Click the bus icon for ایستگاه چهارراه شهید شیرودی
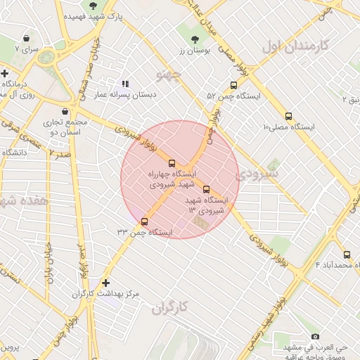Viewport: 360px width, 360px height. [172, 163]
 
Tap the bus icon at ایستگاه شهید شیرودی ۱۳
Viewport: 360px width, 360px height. [206, 189]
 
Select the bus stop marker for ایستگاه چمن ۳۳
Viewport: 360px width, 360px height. [144, 221]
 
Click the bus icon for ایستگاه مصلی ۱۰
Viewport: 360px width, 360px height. [288, 117]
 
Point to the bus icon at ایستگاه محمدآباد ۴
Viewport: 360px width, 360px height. [347, 255]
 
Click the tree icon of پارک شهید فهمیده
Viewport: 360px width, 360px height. [93, 6]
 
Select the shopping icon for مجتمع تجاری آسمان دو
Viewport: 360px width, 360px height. [65, 111]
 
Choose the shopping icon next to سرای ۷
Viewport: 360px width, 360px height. [27, 38]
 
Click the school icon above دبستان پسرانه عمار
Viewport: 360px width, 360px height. [125, 83]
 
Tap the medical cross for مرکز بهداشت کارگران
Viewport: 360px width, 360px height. [105, 283]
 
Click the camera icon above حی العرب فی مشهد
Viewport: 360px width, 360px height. [314, 337]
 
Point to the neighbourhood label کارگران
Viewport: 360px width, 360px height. [171, 307]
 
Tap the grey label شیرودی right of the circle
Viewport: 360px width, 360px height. [257, 172]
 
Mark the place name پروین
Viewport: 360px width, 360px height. [10, 347]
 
